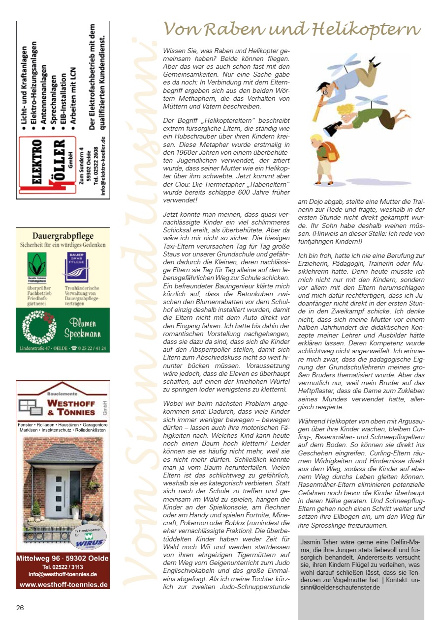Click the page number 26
click(20, 607)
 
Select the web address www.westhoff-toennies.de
click(63, 584)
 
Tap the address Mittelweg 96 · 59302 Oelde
click(63, 559)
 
